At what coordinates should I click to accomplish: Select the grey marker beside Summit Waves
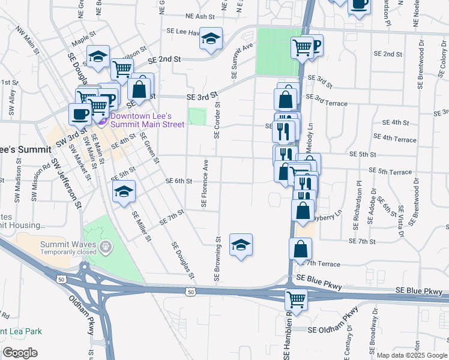(106, 246)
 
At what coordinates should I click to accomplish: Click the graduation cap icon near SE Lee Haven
(211, 39)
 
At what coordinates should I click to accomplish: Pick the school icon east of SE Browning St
(241, 245)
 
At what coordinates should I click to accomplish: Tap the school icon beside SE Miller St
(124, 191)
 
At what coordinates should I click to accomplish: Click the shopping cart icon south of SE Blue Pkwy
(296, 298)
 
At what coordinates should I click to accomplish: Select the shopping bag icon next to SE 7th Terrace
(300, 250)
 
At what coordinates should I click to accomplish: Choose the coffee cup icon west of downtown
(80, 113)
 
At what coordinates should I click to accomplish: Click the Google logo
(20, 353)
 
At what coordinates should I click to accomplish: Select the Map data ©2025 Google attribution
(412, 355)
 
